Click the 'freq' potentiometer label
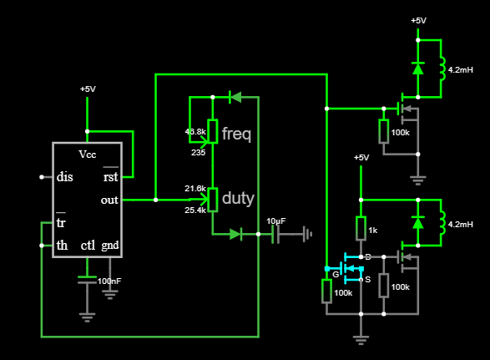(x=236, y=134)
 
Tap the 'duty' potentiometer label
(x=238, y=198)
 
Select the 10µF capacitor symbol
(x=275, y=234)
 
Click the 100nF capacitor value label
(x=109, y=281)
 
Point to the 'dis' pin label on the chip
(x=64, y=177)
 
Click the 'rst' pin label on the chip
(x=111, y=177)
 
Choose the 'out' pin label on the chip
(x=109, y=200)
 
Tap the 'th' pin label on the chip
(x=62, y=246)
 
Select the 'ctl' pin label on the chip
(x=88, y=246)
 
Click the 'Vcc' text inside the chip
(x=88, y=155)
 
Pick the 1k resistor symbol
(x=361, y=229)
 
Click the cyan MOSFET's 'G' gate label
(x=336, y=274)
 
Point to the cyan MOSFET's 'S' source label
(x=368, y=279)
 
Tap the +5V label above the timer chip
(x=88, y=89)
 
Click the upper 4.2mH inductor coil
(x=442, y=68)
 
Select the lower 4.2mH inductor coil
(x=442, y=222)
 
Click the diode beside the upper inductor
(x=418, y=68)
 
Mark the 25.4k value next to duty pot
(x=195, y=210)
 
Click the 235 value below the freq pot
(x=198, y=153)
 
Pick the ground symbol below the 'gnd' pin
(x=110, y=295)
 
